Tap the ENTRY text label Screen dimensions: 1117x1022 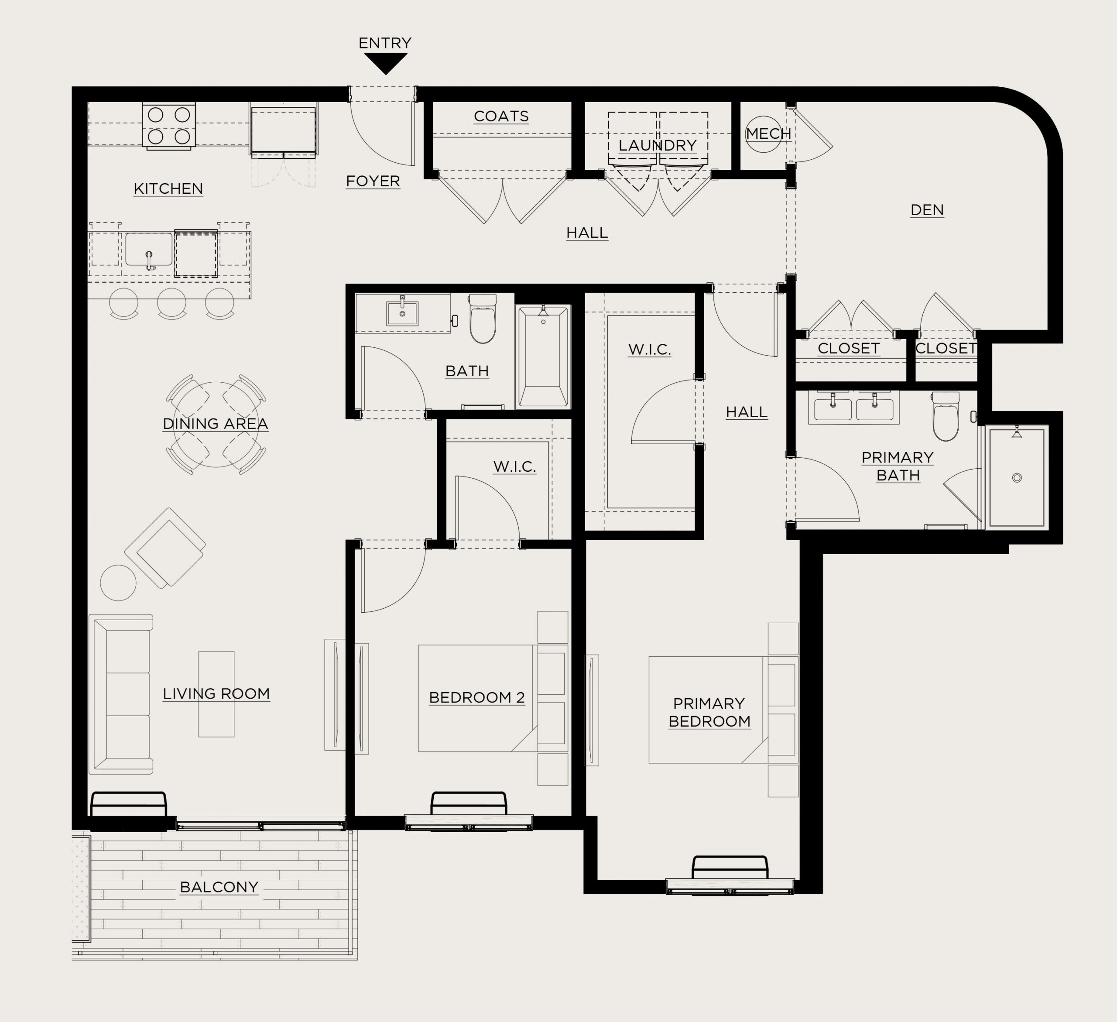point(385,43)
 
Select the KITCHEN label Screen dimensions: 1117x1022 point(168,189)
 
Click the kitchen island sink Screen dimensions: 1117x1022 point(148,250)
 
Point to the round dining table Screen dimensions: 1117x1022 point(216,424)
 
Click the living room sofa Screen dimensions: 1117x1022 point(121,694)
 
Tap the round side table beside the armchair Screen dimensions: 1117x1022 point(118,583)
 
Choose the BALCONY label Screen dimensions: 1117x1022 point(219,887)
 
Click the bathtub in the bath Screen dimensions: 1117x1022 point(543,357)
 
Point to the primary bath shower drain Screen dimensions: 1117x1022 point(1017,478)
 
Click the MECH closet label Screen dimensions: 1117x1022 point(768,134)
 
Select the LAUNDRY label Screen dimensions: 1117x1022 point(658,145)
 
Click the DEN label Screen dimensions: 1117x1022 point(927,210)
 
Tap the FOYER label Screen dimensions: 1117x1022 point(373,181)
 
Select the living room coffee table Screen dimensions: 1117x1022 point(217,694)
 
